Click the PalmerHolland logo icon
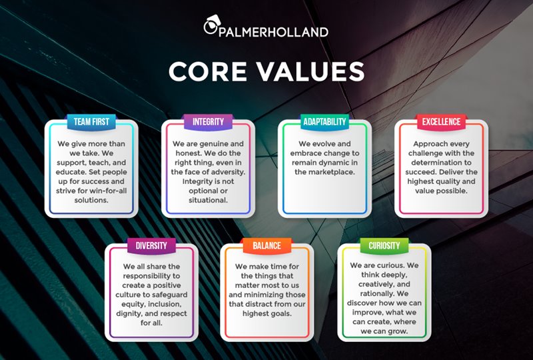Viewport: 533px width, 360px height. [213, 25]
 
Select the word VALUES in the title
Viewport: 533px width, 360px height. [310, 71]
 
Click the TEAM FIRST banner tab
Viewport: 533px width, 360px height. [91, 122]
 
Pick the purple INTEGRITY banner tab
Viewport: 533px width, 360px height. [208, 122]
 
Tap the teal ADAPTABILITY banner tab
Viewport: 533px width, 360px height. [324, 122]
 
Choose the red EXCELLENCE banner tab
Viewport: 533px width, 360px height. [441, 122]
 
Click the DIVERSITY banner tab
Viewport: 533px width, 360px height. [151, 246]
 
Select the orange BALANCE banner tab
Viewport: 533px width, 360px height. [267, 246]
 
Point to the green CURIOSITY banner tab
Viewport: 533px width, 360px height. [384, 246]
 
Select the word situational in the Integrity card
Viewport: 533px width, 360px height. [208, 201]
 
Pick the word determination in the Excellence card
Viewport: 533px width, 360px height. [441, 163]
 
